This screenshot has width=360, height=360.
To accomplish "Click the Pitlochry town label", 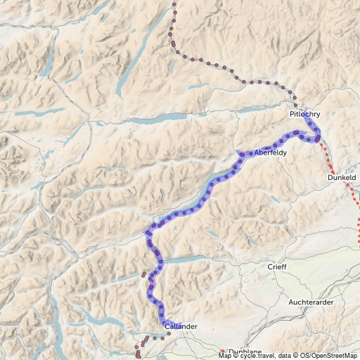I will click(x=304, y=114).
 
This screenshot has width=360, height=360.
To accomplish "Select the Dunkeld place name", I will click(x=342, y=178).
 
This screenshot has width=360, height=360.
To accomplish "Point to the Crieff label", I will click(x=277, y=267).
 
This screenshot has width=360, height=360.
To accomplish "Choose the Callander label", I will click(x=181, y=327).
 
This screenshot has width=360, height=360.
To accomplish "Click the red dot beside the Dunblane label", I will click(x=223, y=351).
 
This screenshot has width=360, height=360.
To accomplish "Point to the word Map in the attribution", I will click(x=225, y=356).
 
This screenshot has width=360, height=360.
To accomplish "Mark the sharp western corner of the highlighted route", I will click(x=147, y=231).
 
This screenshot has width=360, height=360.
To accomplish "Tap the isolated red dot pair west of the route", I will click(x=144, y=274).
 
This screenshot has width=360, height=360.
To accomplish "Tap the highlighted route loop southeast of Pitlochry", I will click(x=313, y=133).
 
